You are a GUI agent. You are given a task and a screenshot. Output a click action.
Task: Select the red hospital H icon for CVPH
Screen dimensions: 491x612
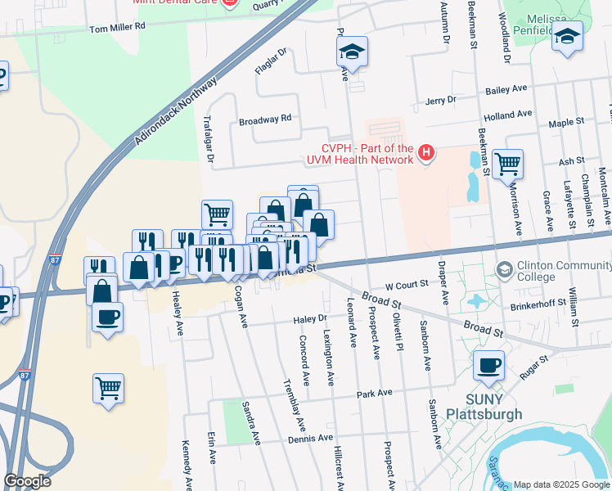425,152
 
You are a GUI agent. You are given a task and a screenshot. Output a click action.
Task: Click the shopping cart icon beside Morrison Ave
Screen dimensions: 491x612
507,164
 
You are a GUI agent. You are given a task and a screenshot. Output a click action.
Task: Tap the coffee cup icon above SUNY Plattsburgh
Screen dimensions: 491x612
489,365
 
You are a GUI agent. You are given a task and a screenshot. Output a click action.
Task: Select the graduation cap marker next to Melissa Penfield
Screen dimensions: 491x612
567,36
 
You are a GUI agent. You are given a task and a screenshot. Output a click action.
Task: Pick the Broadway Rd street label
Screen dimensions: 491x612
265,119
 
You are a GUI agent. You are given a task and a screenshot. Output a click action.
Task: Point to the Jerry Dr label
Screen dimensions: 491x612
441,100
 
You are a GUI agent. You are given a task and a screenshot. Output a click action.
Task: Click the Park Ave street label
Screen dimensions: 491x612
375,394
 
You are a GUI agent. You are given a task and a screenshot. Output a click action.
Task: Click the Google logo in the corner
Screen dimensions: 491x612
28,481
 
